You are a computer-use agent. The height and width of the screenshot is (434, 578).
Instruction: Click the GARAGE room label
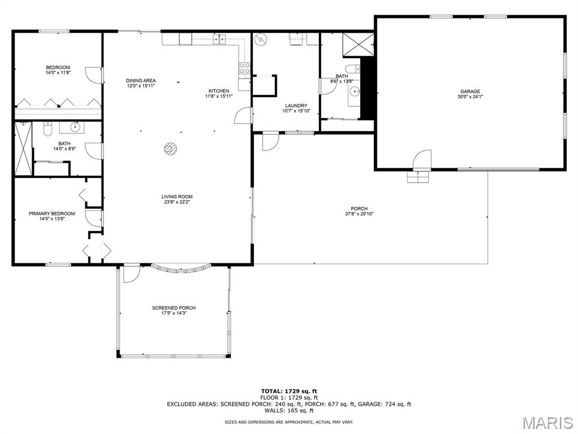point(470,92)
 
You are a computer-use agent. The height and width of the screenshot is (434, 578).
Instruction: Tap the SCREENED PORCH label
point(174,308)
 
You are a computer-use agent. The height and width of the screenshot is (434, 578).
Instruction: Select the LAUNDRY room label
point(296,106)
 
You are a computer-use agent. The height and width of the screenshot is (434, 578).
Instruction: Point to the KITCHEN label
point(218,91)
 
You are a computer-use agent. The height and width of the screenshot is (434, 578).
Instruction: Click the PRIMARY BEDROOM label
point(52,214)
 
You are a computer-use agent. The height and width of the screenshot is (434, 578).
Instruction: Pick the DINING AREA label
point(141,80)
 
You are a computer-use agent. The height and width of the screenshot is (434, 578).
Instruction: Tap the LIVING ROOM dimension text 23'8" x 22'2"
point(177,202)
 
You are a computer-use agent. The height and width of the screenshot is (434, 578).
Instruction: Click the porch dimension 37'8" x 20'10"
point(359,214)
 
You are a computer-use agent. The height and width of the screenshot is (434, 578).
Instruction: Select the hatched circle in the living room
point(170,149)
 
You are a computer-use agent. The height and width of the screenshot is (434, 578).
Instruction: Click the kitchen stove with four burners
point(244,68)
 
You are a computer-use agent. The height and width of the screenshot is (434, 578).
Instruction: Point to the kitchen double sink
point(220,39)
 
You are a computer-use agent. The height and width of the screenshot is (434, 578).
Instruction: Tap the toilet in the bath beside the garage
point(353,69)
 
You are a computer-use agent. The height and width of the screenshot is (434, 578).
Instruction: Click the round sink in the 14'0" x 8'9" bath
point(75,127)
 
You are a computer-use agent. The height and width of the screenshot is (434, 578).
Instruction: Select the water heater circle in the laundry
point(261,39)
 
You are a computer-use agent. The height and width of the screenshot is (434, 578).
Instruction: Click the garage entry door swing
point(422,159)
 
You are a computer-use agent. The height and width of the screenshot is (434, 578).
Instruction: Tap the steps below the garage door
point(418,177)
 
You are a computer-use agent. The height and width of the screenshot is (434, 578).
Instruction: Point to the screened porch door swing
point(132,274)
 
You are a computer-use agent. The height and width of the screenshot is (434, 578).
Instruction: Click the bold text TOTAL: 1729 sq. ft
point(289,391)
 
